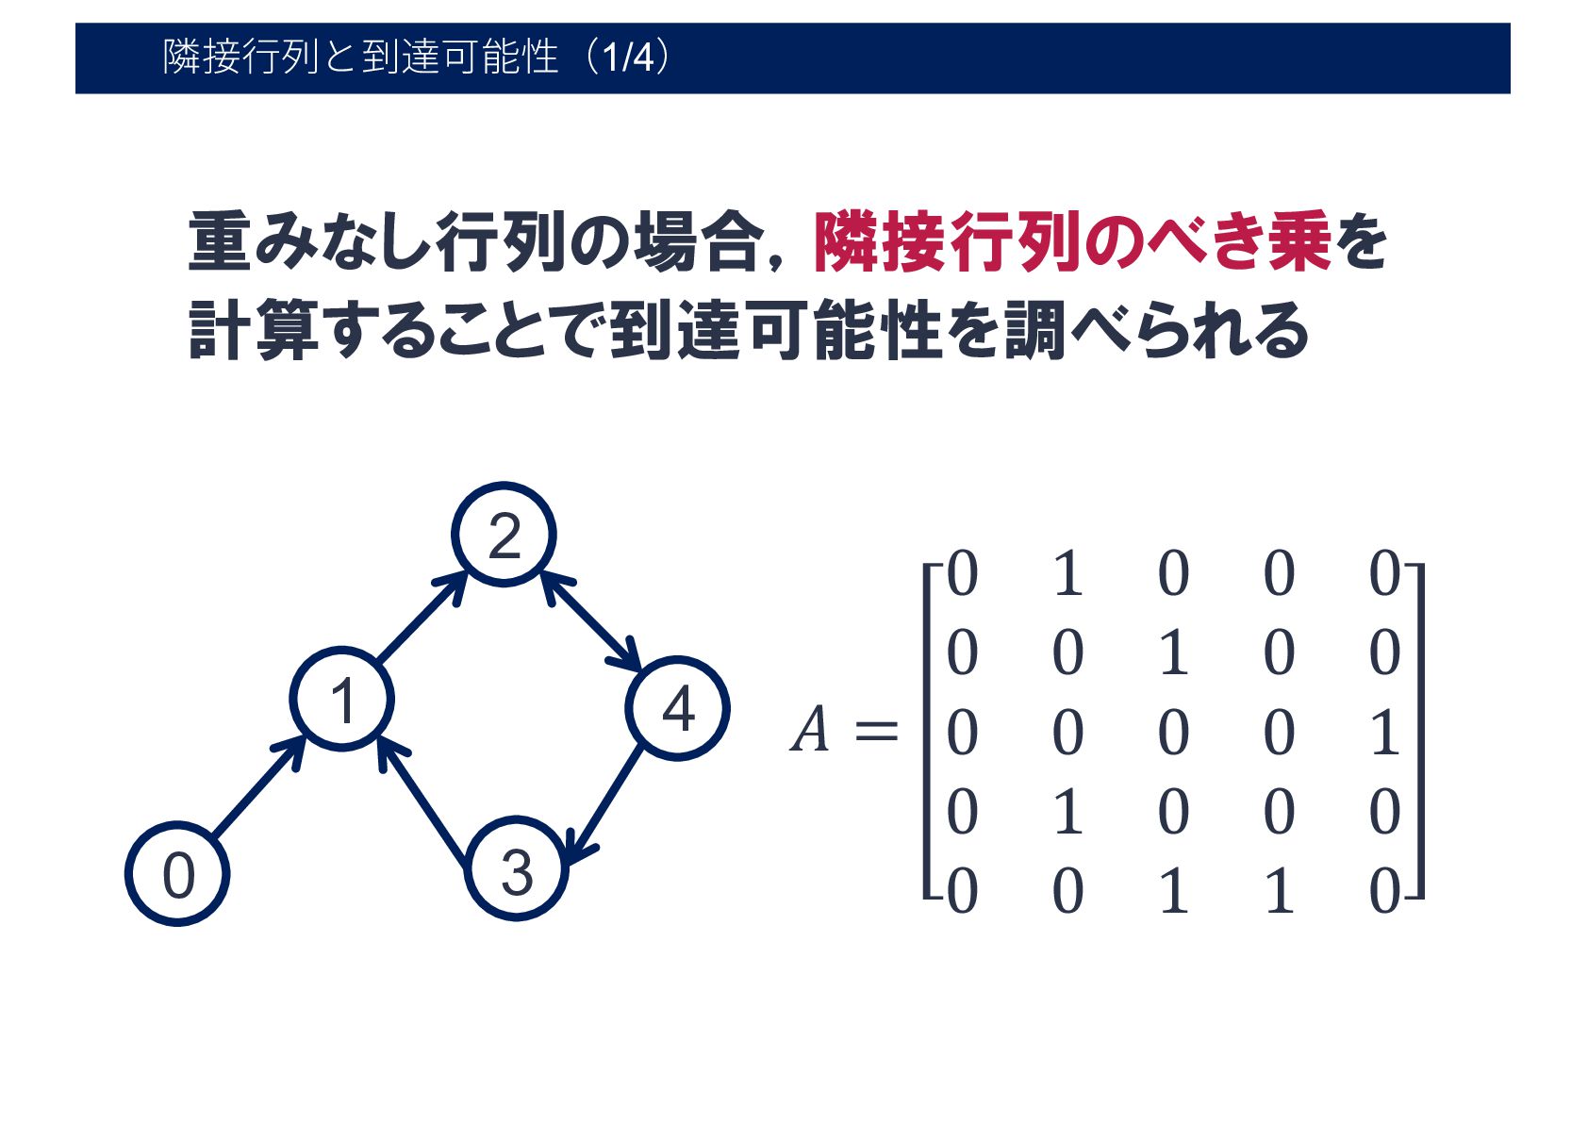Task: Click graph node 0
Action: (x=177, y=874)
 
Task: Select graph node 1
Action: (x=341, y=700)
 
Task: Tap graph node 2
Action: (x=504, y=535)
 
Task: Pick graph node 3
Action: (x=516, y=869)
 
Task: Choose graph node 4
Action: (x=677, y=708)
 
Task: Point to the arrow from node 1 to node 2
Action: (x=422, y=618)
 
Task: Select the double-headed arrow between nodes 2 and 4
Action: (x=591, y=621)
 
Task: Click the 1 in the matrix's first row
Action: (x=1067, y=573)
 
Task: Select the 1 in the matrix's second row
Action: (x=1173, y=652)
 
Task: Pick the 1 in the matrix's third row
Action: (x=1384, y=733)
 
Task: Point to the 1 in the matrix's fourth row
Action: (x=1067, y=812)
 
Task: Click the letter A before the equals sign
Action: (x=810, y=731)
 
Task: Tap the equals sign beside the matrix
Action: (x=875, y=732)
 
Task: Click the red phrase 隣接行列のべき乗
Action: (x=1071, y=243)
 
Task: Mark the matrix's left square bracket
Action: (x=930, y=732)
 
